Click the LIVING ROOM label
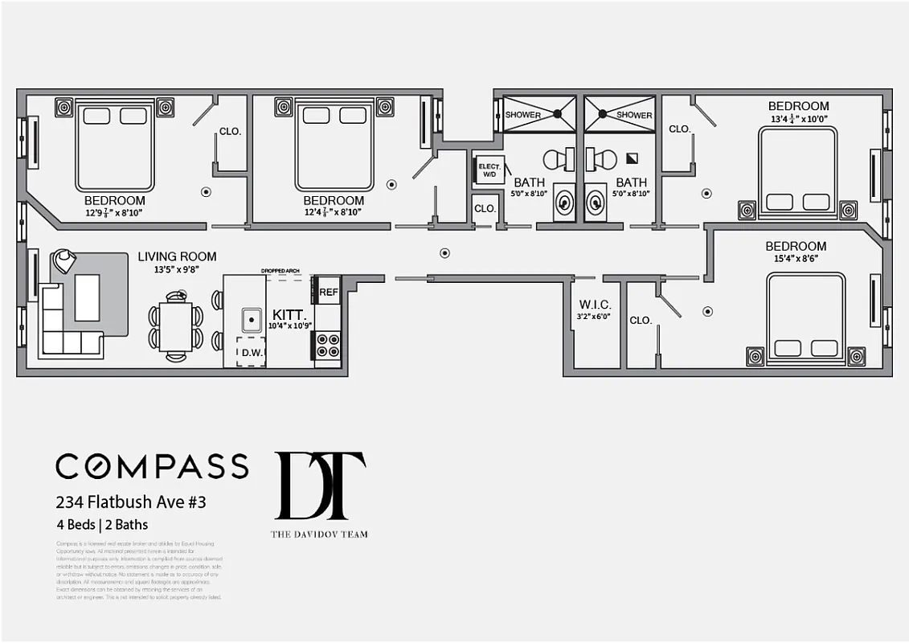(x=177, y=256)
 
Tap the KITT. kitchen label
(x=289, y=313)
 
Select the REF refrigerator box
(x=328, y=293)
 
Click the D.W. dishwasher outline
(x=251, y=352)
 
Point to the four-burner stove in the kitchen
(x=327, y=346)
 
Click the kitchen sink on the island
(x=252, y=320)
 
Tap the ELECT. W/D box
(x=489, y=170)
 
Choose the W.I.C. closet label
(x=595, y=305)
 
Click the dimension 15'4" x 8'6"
(x=796, y=260)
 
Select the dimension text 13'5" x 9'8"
(x=177, y=270)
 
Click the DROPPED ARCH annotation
(x=280, y=271)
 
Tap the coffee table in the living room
(x=87, y=297)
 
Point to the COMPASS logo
(x=152, y=466)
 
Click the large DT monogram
(x=320, y=485)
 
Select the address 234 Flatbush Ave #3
(x=131, y=502)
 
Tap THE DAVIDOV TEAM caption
(x=320, y=534)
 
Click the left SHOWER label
(x=522, y=115)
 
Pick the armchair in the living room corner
(x=63, y=260)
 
